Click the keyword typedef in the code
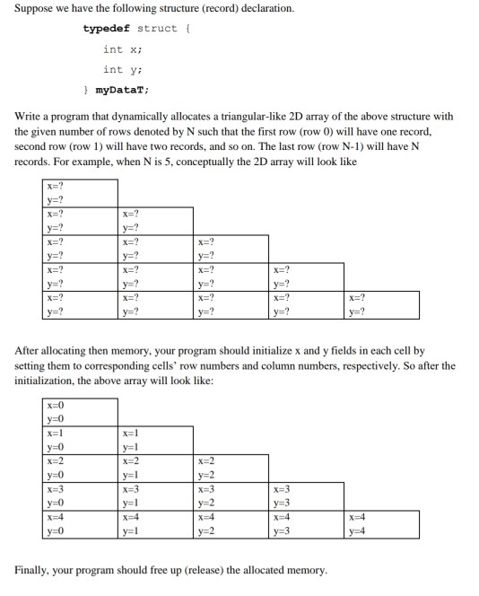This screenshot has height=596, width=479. point(106,28)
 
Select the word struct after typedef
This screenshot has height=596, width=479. point(156,28)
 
